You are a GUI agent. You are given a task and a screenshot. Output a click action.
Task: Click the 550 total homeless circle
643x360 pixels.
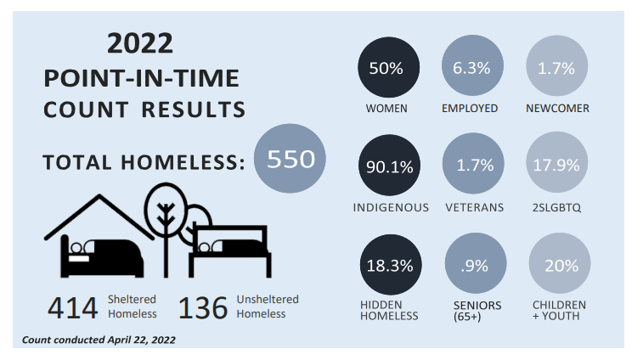click(x=290, y=159)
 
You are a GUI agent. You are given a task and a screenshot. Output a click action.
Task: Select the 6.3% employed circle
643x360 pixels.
click(x=473, y=69)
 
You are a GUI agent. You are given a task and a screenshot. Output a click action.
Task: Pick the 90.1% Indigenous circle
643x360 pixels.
click(x=389, y=166)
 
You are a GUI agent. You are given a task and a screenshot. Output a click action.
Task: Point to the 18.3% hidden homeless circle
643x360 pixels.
click(x=389, y=265)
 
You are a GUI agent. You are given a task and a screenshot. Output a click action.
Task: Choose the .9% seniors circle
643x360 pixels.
click(x=473, y=265)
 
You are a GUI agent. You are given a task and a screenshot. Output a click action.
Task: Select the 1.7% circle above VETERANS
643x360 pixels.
click(x=473, y=166)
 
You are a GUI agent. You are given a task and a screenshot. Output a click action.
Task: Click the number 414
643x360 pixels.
click(x=74, y=307)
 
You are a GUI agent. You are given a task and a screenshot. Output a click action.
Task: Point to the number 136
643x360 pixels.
click(x=203, y=307)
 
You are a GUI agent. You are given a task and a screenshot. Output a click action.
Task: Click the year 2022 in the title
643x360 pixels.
click(x=140, y=43)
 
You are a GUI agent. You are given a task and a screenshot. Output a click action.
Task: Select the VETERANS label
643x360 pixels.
click(x=475, y=207)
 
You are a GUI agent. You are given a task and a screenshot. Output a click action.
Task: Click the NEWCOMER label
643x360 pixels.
click(x=558, y=109)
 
